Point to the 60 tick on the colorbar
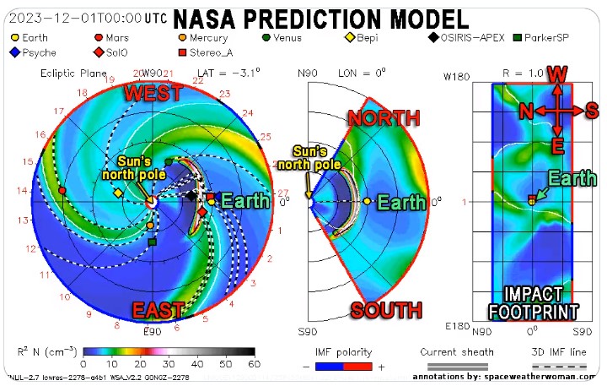click(x=254, y=362)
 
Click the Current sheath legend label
click(x=457, y=351)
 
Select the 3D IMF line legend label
click(x=556, y=351)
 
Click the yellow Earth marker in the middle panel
click(x=367, y=202)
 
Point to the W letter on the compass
click(x=557, y=76)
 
